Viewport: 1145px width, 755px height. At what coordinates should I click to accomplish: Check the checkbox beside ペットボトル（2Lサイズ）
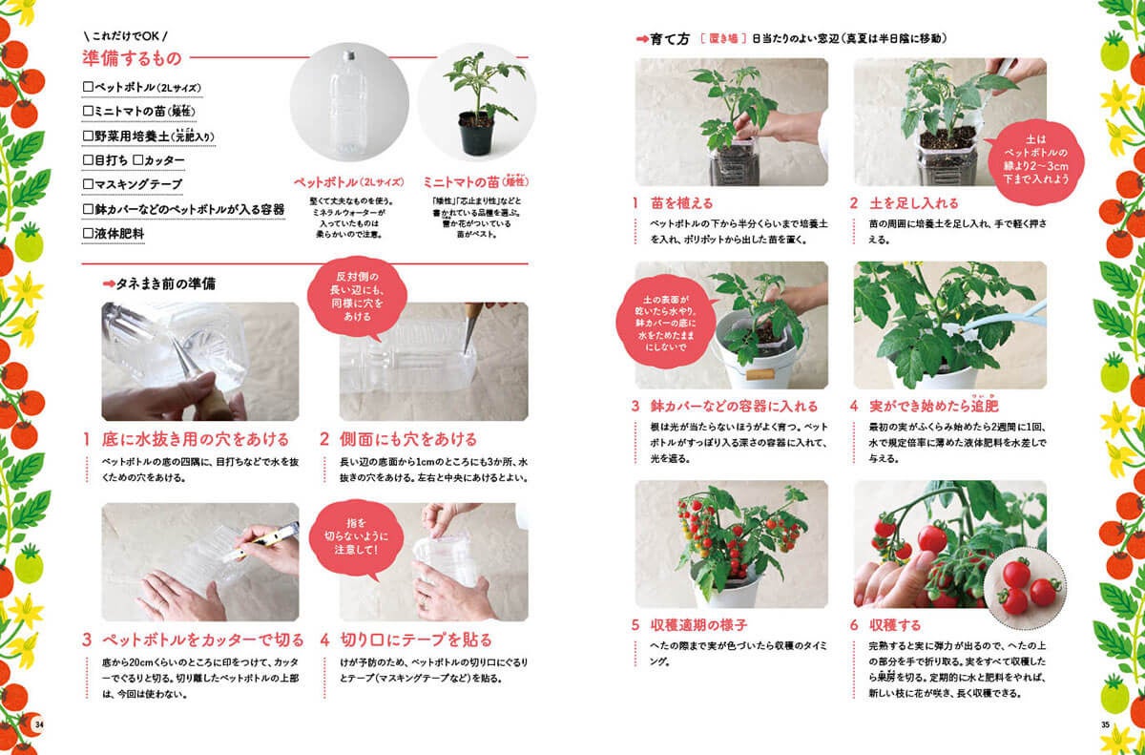coord(88,87)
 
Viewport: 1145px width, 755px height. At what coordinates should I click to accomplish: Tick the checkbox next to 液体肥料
coord(88,233)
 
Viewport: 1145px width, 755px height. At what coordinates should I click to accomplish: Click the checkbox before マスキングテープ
coord(88,184)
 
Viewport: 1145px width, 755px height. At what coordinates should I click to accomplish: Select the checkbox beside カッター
coord(137,160)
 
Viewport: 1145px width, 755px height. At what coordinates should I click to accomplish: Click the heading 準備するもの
coord(132,58)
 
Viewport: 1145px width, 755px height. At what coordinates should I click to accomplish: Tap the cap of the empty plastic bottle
coord(349,53)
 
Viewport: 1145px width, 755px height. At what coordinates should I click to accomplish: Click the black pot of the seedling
coord(476,134)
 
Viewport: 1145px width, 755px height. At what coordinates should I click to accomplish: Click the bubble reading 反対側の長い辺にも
coord(357,298)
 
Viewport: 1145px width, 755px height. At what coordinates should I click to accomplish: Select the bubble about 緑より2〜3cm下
coord(1035,160)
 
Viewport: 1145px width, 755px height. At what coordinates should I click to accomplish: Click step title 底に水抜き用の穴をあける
coord(196,439)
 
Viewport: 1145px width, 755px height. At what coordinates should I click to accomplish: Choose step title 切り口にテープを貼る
coord(416,640)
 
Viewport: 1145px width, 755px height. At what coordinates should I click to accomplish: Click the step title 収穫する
coord(895,624)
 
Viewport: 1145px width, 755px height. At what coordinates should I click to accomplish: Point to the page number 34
coord(39,724)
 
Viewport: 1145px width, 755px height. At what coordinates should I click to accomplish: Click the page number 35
coord(1105,724)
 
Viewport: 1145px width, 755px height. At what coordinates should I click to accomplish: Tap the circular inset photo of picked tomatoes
coord(1025,588)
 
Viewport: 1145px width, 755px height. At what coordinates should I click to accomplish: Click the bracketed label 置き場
coord(723,38)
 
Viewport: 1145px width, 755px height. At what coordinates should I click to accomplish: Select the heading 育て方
coord(670,39)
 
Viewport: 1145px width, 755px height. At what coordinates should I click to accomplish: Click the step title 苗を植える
coord(681,203)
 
